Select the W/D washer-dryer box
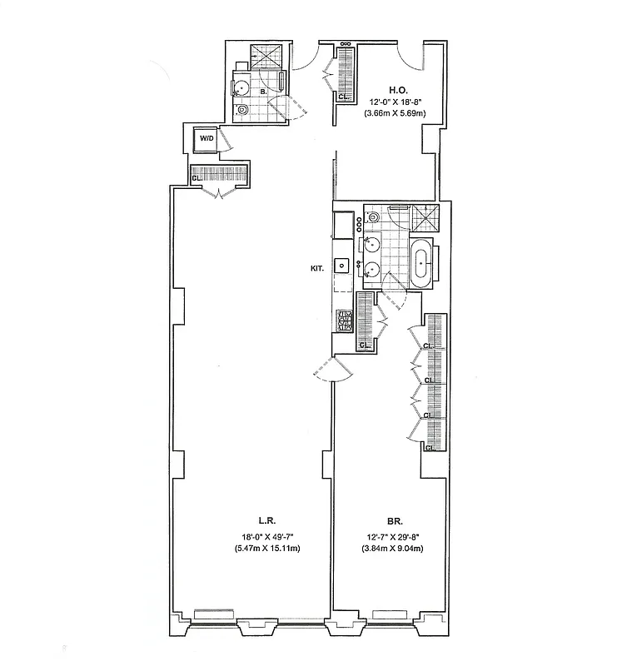(206, 139)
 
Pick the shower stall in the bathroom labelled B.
(267, 56)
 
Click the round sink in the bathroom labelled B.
(244, 86)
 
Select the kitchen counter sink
(341, 265)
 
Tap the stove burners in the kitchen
(343, 320)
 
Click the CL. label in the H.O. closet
(342, 97)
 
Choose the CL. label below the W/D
(196, 177)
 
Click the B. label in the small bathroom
(263, 92)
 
